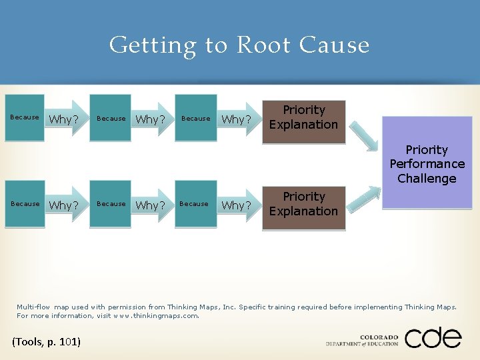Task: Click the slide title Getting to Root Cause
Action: point(239,45)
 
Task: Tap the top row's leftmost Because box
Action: point(25,118)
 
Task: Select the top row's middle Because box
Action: point(111,118)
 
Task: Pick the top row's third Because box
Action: point(195,118)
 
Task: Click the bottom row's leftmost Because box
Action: point(25,204)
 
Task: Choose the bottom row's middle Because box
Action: point(111,204)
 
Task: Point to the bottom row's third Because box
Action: point(194,204)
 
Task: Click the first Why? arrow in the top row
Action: point(65,119)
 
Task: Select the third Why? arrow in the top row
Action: point(235,119)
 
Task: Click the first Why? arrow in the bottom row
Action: point(65,205)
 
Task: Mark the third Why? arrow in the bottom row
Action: point(235,205)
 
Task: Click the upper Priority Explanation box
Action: point(303,118)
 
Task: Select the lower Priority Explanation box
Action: point(303,205)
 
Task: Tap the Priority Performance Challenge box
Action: point(427,163)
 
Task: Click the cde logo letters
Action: point(433,337)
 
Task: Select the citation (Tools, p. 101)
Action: point(47,342)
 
